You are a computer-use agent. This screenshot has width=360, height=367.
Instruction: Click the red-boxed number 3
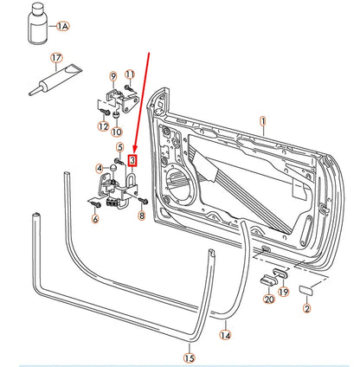pos(132,160)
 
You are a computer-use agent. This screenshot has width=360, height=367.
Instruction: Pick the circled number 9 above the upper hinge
pos(112,76)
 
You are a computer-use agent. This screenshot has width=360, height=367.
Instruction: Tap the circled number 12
pos(104,127)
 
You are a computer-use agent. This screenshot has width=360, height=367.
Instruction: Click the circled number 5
pos(119,148)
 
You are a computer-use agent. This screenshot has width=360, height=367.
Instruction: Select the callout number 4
pos(100,167)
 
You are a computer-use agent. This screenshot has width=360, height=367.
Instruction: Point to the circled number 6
pos(95,220)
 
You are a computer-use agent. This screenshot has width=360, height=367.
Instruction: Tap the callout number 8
pos(143,218)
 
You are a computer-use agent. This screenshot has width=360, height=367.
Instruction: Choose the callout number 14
pos(225,335)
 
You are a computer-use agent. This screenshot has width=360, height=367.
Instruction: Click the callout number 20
pos(268,299)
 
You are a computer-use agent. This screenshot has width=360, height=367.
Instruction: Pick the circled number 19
pos(283,293)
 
